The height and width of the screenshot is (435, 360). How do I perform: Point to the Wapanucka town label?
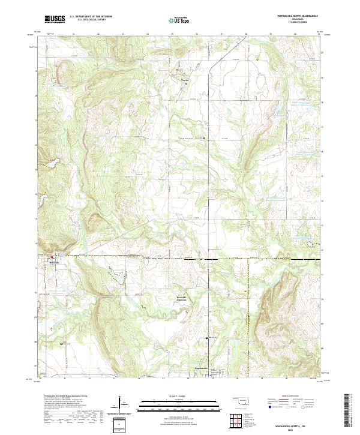[202, 368]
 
